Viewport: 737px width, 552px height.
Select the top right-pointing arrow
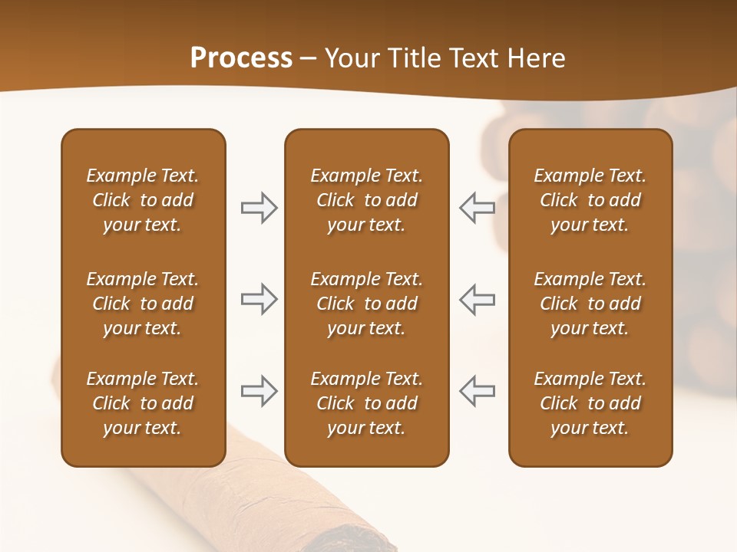pos(259,208)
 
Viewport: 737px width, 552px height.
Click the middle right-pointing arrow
pos(259,299)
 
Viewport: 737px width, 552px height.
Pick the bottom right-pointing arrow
pos(259,391)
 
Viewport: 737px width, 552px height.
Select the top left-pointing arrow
pos(477,208)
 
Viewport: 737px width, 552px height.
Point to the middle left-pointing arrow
pos(477,299)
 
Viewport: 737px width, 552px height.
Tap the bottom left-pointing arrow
pos(477,391)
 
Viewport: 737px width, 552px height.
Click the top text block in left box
pos(143,200)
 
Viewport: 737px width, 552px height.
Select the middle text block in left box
pos(143,304)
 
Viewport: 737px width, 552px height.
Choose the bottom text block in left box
pos(143,403)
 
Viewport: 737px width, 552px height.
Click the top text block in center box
pos(366,200)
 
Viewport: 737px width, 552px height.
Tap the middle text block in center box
pos(366,304)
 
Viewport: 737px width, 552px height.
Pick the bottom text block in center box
pos(366,403)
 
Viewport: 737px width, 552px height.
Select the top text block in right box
pos(590,200)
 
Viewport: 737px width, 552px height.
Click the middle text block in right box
pos(590,304)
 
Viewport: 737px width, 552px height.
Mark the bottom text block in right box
pos(590,403)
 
